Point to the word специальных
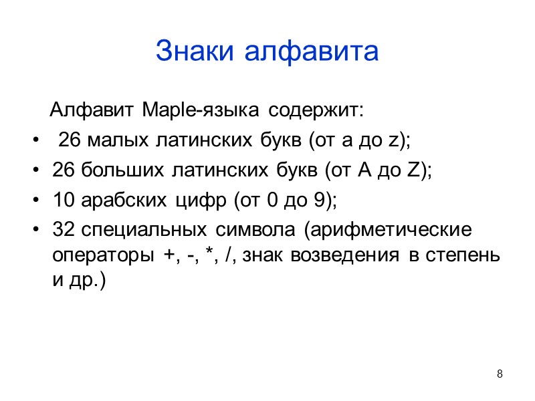point(142,229)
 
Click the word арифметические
point(389,229)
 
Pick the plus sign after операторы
point(165,255)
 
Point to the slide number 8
point(500,373)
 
